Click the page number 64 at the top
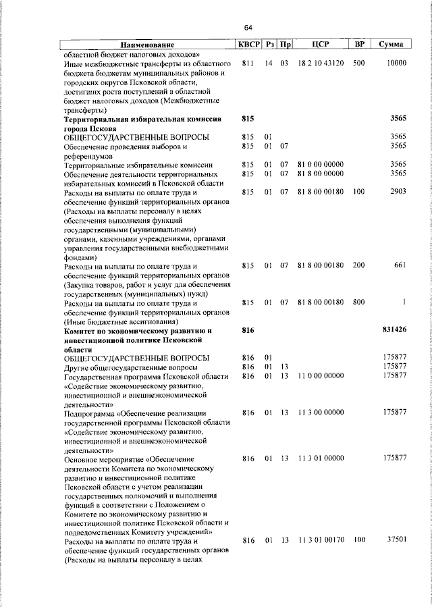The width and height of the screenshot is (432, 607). click(x=248, y=28)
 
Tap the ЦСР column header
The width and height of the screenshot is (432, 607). click(x=321, y=45)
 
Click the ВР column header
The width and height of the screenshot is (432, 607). click(x=360, y=45)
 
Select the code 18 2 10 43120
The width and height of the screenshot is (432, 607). click(x=321, y=63)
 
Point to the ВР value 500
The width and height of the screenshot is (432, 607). click(x=358, y=63)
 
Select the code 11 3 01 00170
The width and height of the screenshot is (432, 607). click(x=321, y=540)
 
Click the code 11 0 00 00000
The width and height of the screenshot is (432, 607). click(x=321, y=375)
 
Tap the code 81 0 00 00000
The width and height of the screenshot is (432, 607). click(x=321, y=165)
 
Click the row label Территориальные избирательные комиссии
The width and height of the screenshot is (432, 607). click(x=138, y=165)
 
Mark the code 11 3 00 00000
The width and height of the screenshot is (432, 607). click(x=321, y=412)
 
